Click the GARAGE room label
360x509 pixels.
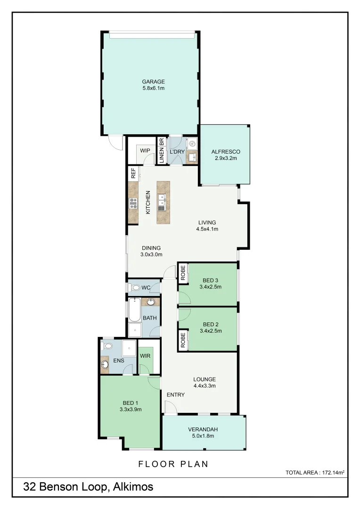click(x=153, y=82)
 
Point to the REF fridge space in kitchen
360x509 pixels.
click(x=133, y=173)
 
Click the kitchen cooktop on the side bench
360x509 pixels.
click(x=133, y=204)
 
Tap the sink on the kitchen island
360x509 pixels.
click(x=162, y=205)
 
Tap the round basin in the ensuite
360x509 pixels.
click(x=105, y=364)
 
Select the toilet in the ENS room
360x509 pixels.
click(x=108, y=346)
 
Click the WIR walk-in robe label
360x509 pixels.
click(x=145, y=356)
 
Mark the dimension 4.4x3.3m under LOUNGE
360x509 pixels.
click(x=205, y=386)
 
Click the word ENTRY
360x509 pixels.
click(x=175, y=394)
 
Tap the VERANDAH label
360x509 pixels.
click(x=203, y=429)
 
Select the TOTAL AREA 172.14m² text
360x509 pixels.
click(x=315, y=472)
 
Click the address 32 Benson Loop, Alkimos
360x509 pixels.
click(x=88, y=487)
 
